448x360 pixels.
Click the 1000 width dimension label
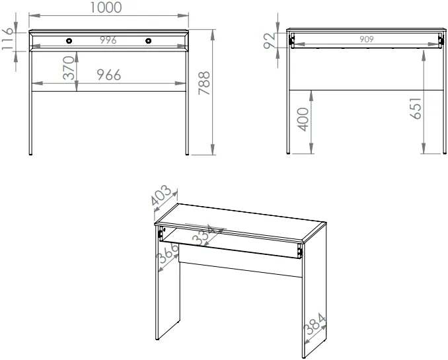tap(106, 8)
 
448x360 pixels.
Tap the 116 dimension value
tap(7, 39)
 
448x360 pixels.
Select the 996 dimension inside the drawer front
tap(108, 40)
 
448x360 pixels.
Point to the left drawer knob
tap(69, 41)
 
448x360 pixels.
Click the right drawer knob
tap(148, 41)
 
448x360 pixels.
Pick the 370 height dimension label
tap(69, 68)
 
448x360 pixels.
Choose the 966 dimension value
tap(109, 75)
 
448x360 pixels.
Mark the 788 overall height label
tap(204, 83)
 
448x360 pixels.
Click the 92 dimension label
tap(270, 40)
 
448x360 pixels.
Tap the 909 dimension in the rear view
tap(367, 39)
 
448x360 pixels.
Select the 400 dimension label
tap(303, 120)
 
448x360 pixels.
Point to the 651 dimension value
tap(416, 108)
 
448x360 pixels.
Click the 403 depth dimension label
tap(161, 196)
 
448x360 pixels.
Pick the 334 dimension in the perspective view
tap(204, 235)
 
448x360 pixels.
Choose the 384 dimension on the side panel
tap(315, 324)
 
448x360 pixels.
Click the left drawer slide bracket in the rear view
tap(291, 41)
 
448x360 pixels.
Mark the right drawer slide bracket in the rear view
tap(441, 41)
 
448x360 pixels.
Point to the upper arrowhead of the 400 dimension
tap(311, 96)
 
